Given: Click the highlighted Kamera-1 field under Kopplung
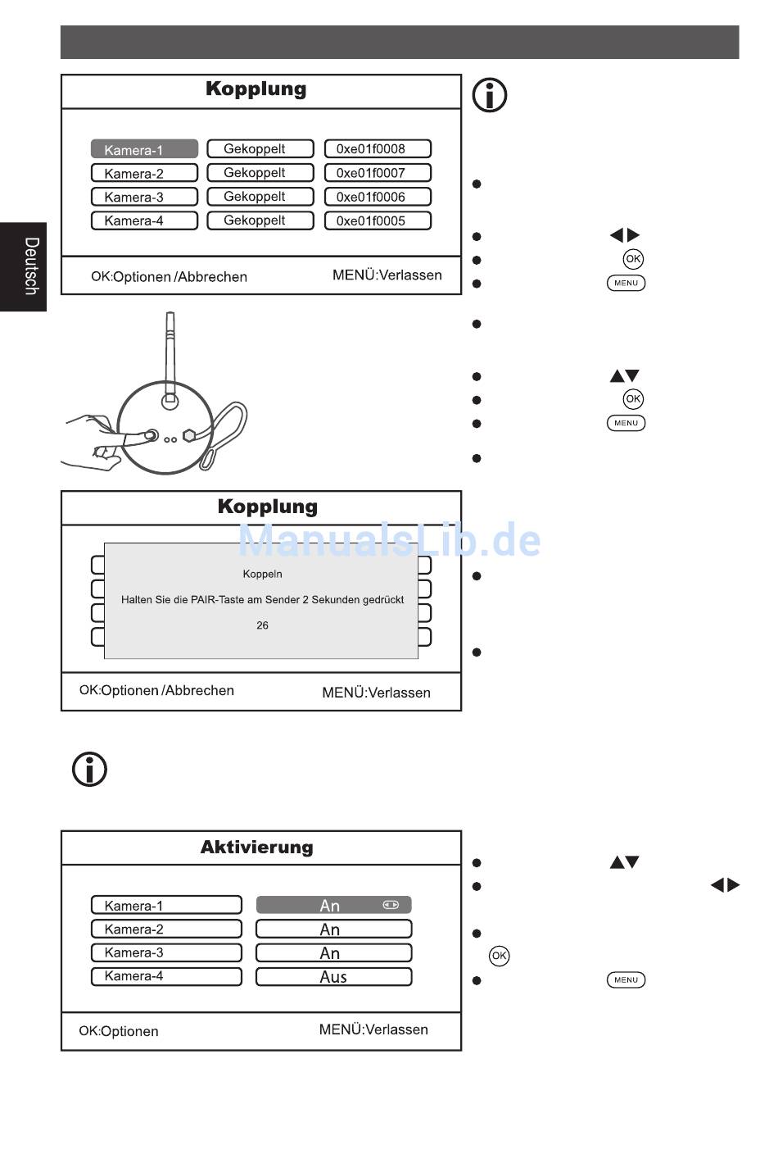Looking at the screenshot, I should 144,149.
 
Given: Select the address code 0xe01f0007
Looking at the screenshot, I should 378,173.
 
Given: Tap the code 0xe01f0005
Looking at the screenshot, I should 378,220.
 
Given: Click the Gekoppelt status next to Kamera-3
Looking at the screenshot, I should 260,197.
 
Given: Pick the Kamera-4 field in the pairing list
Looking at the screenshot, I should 144,220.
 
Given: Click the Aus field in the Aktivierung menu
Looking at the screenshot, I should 333,977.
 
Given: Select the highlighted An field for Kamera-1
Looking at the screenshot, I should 333,905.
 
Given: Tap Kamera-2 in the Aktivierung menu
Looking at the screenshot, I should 166,929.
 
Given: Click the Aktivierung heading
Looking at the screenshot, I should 257,848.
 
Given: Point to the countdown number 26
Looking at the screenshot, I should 262,625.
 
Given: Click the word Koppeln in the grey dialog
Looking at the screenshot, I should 262,574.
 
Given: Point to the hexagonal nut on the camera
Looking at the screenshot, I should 189,435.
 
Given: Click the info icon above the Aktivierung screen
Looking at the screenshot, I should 90,770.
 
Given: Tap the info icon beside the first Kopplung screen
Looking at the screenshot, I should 490,95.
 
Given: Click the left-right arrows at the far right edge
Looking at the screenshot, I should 725,885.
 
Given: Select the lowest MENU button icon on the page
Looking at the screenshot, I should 626,979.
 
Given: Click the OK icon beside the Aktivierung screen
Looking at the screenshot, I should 500,956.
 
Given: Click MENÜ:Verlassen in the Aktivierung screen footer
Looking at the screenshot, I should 373,1029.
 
